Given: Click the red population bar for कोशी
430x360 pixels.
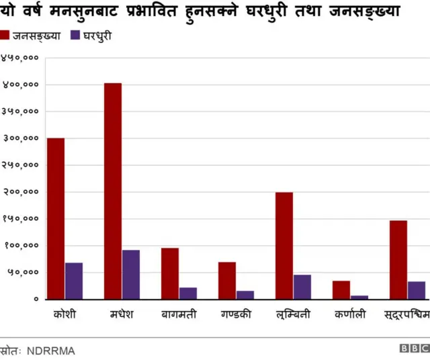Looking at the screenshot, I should pos(56,218).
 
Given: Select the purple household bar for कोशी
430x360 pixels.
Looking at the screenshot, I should pos(74,281).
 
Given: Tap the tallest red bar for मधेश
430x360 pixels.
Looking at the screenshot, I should pos(113,191).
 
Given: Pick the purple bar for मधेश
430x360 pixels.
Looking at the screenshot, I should pos(131,274).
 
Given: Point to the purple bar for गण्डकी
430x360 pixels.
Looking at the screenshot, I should pos(245,295).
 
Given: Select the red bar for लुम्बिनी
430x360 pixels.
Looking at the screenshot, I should pos(284,245).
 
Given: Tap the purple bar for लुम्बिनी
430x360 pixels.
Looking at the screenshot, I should pos(302,287).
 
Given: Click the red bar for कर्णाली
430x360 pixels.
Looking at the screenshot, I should pos(341,290).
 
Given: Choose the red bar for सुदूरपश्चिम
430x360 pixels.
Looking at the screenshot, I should pos(398,259).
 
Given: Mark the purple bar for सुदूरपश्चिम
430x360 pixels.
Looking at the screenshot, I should pos(417,290).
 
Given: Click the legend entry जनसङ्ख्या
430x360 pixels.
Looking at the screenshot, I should pos(36,35).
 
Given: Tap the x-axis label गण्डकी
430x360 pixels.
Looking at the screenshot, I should pos(236,314).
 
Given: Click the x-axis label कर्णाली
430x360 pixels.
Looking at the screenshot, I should pos(350,314).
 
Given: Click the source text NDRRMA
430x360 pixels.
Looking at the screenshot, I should pos(51,351).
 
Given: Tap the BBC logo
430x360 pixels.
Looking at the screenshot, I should pos(414,349).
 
